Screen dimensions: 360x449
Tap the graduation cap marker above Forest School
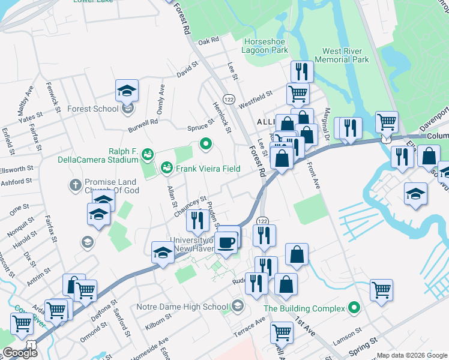click(x=127, y=91)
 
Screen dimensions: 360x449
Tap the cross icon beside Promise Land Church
click(x=76, y=184)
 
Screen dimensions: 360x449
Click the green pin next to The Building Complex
click(x=354, y=308)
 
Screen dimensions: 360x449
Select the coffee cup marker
click(x=226, y=242)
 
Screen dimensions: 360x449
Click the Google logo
click(x=19, y=353)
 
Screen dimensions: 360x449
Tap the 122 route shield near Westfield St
click(x=228, y=98)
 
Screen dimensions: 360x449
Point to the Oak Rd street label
click(x=208, y=41)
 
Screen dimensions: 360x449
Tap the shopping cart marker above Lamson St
click(x=381, y=290)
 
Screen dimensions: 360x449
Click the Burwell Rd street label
click(x=142, y=125)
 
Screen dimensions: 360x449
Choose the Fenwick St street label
click(x=53, y=97)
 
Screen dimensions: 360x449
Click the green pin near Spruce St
click(x=206, y=143)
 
